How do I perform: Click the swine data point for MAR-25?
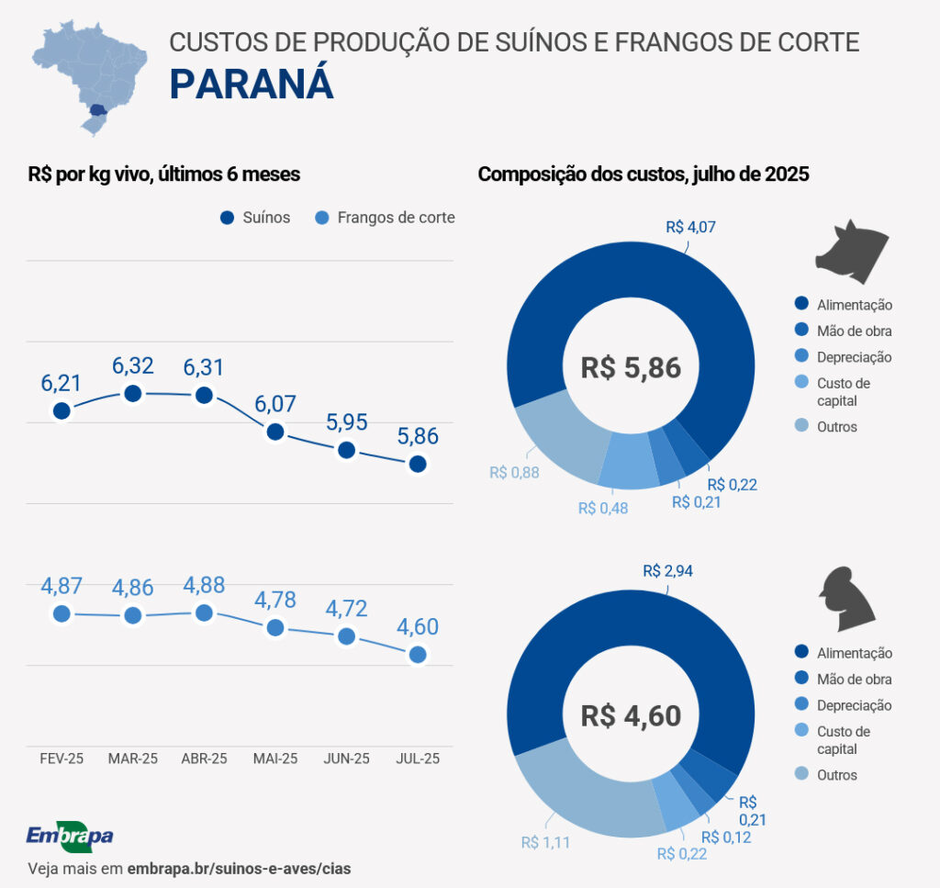(133, 394)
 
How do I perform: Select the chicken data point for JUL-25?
(418, 654)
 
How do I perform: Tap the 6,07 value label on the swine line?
(275, 403)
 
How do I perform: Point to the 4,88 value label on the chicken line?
(204, 585)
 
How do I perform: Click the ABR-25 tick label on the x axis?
(204, 759)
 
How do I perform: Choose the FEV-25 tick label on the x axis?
(62, 759)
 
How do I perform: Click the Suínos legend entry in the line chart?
(256, 218)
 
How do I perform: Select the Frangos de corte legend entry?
(385, 218)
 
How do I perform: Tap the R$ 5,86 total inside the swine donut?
(631, 368)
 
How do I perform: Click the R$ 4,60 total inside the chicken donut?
(631, 715)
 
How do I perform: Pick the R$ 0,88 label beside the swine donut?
(514, 472)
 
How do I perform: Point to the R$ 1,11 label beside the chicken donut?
(545, 842)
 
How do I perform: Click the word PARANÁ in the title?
(252, 84)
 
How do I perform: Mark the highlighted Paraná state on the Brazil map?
(97, 110)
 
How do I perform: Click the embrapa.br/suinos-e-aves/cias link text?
(239, 868)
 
